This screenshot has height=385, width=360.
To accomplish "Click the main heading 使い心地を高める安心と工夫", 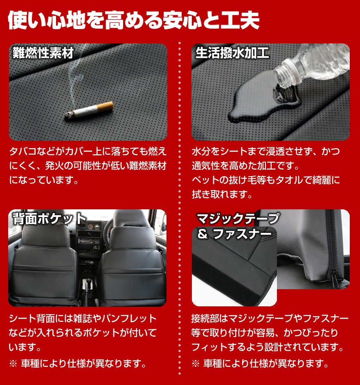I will tap(134, 20).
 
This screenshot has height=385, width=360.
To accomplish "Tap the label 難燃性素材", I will tap(43, 53).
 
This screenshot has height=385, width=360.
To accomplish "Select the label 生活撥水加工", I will tap(232, 53).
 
